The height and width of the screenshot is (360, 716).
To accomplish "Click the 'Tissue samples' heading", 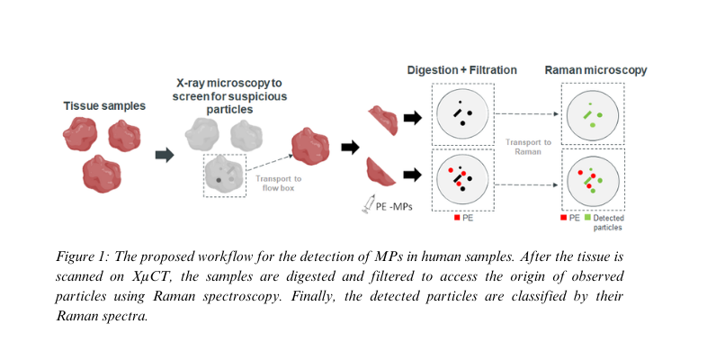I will pyautogui.click(x=104, y=106).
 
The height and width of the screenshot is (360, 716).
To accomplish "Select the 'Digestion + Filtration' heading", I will pyautogui.click(x=463, y=70).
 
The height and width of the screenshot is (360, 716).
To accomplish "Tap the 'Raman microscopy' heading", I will pyautogui.click(x=595, y=70).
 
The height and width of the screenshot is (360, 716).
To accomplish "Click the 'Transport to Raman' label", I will pyautogui.click(x=524, y=148).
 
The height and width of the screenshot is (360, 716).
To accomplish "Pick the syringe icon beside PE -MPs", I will pyautogui.click(x=365, y=206).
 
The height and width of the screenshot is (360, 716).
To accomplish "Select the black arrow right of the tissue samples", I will pyautogui.click(x=164, y=155).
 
